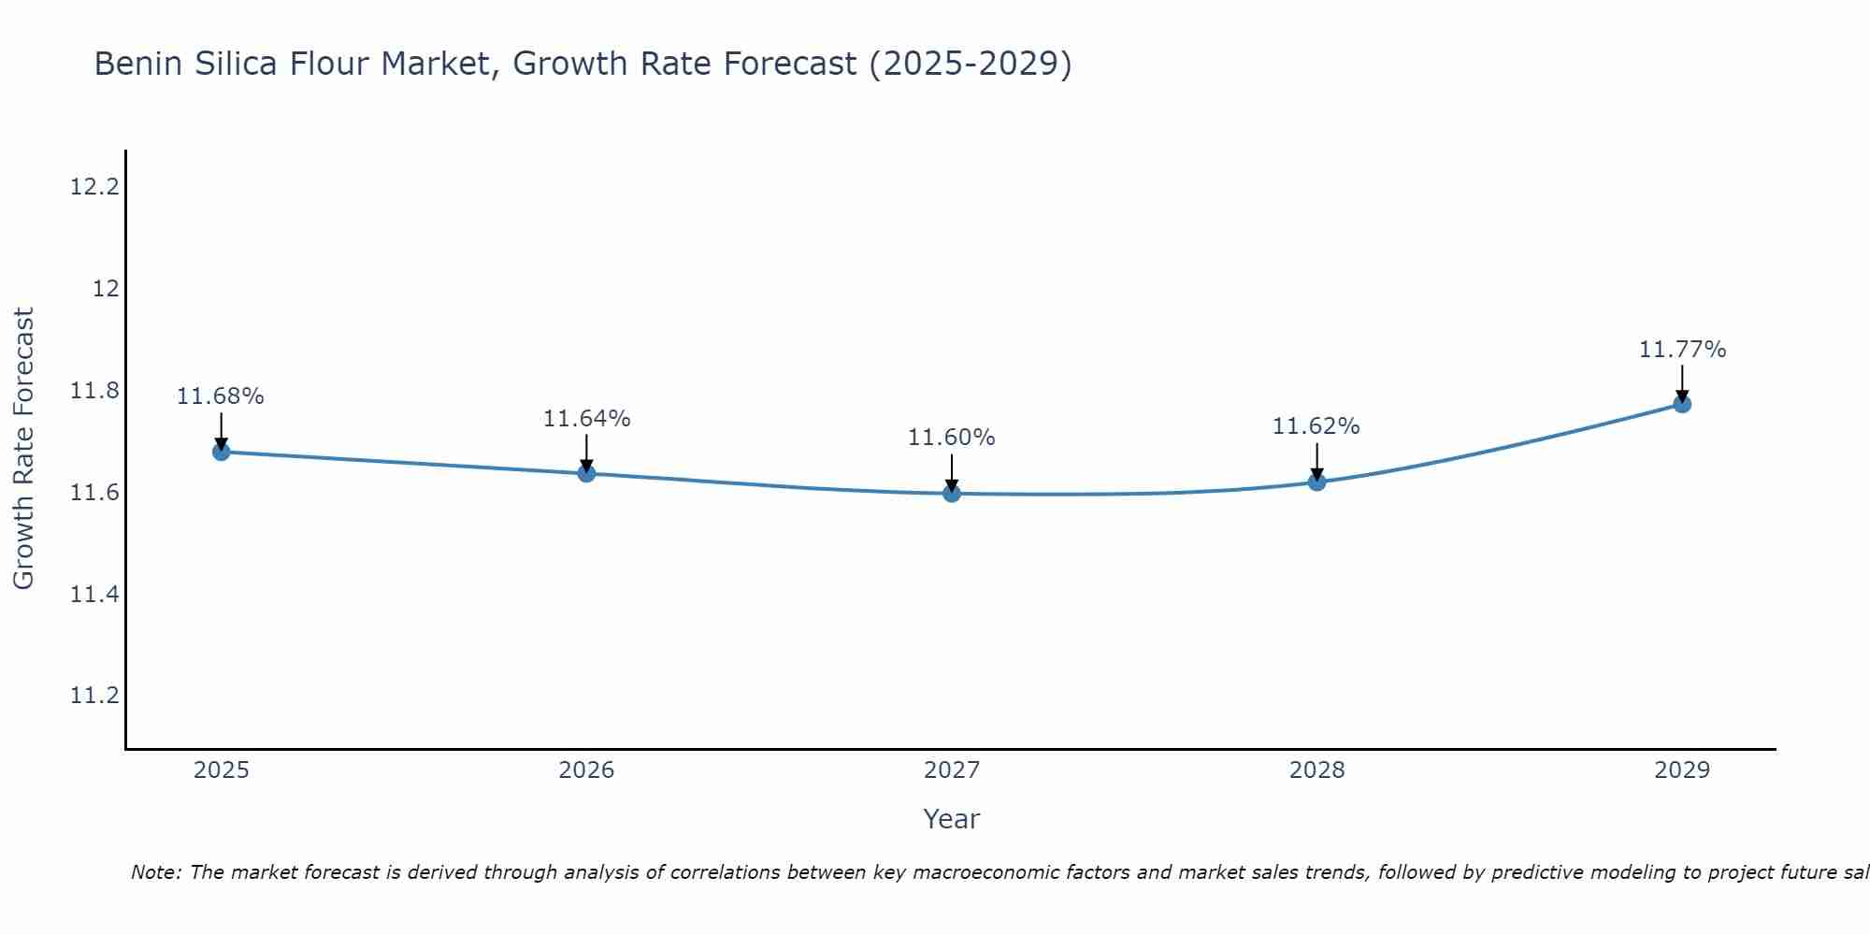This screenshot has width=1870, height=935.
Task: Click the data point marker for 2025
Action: pos(221,452)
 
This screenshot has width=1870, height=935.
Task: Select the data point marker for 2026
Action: pos(586,473)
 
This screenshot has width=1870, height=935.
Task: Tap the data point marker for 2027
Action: pos(952,493)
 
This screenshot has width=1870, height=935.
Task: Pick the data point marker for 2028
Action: pos(1316,482)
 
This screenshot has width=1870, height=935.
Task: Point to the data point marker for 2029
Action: pos(1682,404)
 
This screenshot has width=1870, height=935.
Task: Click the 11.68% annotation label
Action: pos(221,396)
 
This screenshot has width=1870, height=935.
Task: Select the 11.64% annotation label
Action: pos(586,419)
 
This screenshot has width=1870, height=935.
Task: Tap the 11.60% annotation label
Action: pos(952,438)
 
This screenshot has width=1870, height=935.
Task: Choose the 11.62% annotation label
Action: pos(1316,426)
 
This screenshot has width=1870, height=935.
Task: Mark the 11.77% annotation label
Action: pos(1682,350)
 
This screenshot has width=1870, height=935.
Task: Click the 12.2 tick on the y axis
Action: pos(95,187)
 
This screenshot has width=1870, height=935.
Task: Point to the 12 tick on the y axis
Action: pos(106,289)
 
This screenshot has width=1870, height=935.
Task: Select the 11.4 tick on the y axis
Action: pos(95,594)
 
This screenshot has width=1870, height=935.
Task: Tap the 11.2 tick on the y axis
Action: pos(95,696)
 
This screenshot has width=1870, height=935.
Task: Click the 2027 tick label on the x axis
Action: pos(952,770)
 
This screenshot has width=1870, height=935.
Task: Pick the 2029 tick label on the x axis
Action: pos(1682,770)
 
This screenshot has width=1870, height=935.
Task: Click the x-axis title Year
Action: pos(952,819)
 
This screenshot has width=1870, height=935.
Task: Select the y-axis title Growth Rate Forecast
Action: pos(23,449)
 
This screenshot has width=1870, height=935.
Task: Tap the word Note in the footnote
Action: pos(154,872)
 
